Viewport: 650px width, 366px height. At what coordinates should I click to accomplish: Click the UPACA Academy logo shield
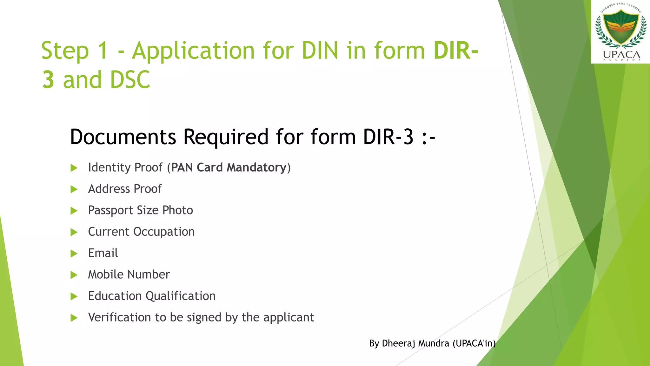click(620, 27)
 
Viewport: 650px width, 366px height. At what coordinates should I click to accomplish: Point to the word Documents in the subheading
click(123, 137)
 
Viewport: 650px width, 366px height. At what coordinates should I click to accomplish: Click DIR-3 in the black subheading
click(388, 137)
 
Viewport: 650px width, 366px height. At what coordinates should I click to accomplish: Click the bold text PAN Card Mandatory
click(229, 167)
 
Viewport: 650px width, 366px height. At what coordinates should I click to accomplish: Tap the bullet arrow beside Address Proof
click(74, 189)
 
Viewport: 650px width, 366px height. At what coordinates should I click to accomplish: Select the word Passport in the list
click(110, 210)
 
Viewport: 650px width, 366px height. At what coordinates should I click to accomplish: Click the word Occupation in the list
click(164, 232)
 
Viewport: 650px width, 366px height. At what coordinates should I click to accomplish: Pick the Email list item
click(103, 253)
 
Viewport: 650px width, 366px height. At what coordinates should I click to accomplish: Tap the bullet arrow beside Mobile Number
click(74, 275)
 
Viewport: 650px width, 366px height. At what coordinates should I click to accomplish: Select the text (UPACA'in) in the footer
click(474, 343)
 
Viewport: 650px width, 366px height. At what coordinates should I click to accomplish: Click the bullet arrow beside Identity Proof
click(74, 168)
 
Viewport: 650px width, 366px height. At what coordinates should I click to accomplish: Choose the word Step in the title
click(65, 51)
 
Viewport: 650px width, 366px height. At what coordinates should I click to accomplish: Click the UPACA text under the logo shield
click(621, 55)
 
